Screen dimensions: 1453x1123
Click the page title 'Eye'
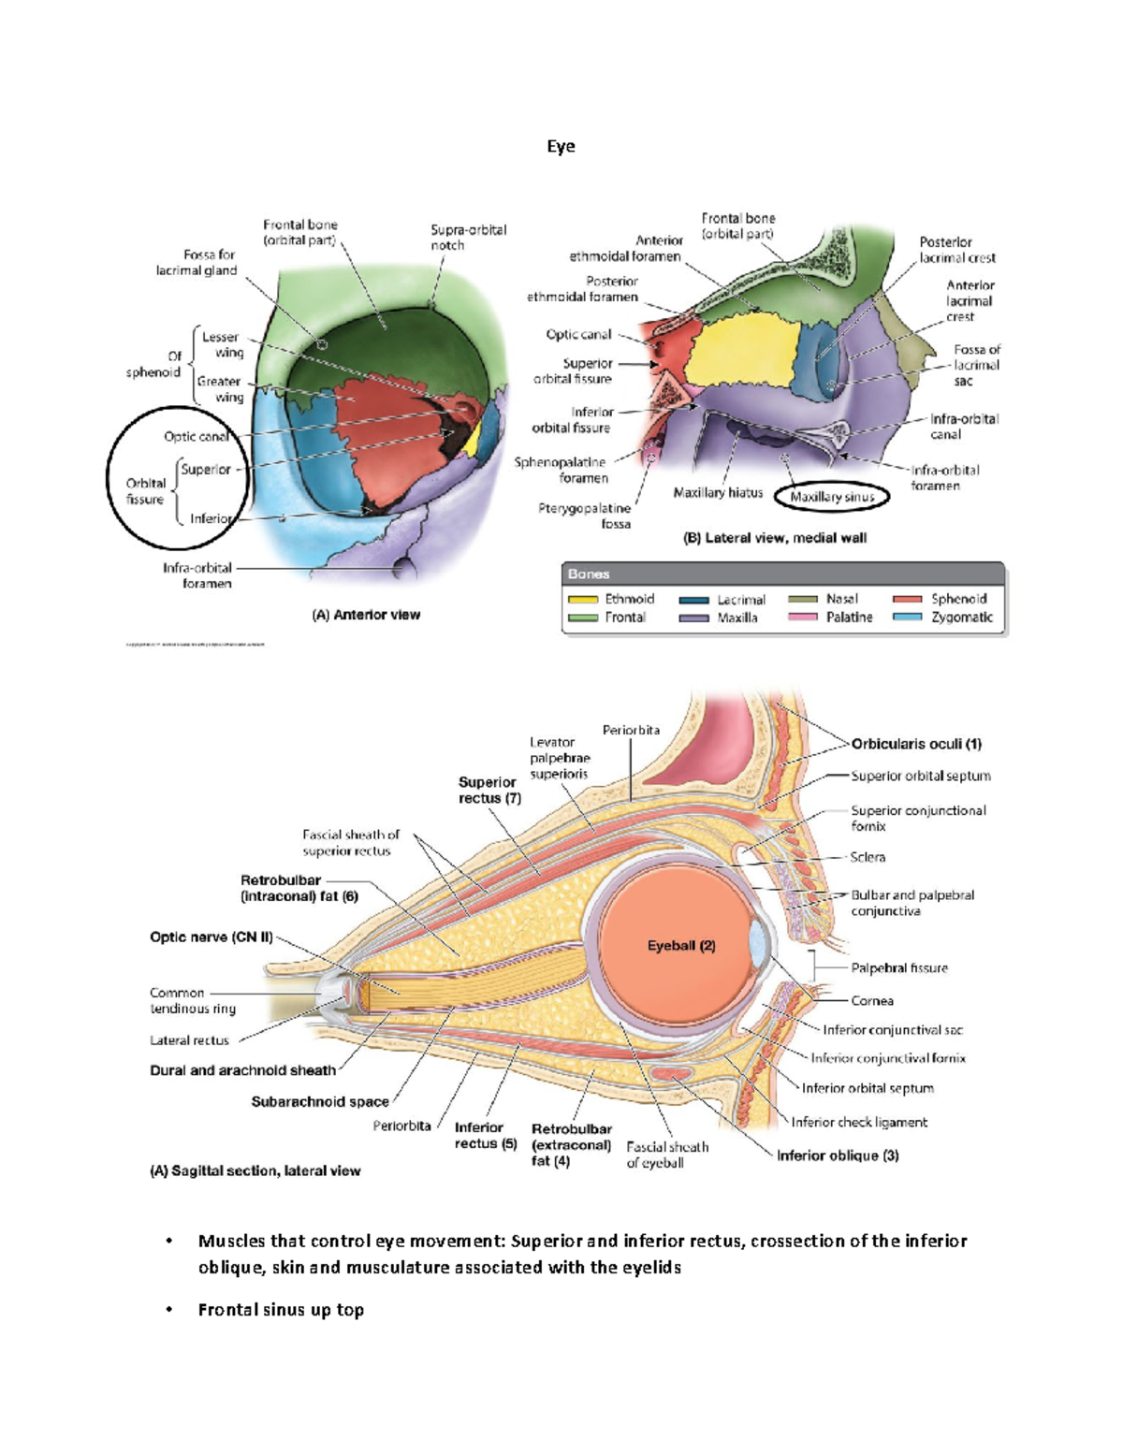pos(561,146)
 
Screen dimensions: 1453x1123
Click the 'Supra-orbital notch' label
pos(468,237)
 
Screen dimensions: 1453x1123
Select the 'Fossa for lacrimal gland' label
pos(197,262)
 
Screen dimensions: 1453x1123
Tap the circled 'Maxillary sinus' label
pos(832,497)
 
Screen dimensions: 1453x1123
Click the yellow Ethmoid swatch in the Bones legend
pos(582,600)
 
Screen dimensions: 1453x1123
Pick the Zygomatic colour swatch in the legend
pos(907,618)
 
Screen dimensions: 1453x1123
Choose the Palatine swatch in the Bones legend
pos(803,618)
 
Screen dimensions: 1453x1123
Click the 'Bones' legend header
pos(589,574)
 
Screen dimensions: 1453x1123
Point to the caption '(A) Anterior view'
pos(366,615)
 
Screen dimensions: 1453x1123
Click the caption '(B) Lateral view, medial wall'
pos(775,538)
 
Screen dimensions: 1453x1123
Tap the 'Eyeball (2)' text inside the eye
pos(681,946)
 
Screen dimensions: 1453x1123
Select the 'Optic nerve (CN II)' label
pos(211,937)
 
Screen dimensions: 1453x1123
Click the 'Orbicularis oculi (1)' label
pos(916,744)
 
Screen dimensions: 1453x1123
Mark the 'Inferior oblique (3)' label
pos(838,1155)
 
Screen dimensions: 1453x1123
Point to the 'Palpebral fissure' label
pos(898,968)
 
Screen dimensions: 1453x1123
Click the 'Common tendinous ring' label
pos(192,1000)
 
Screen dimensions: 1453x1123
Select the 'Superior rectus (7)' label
pos(489,790)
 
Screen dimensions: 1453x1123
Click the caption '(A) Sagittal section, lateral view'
pos(255,1170)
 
